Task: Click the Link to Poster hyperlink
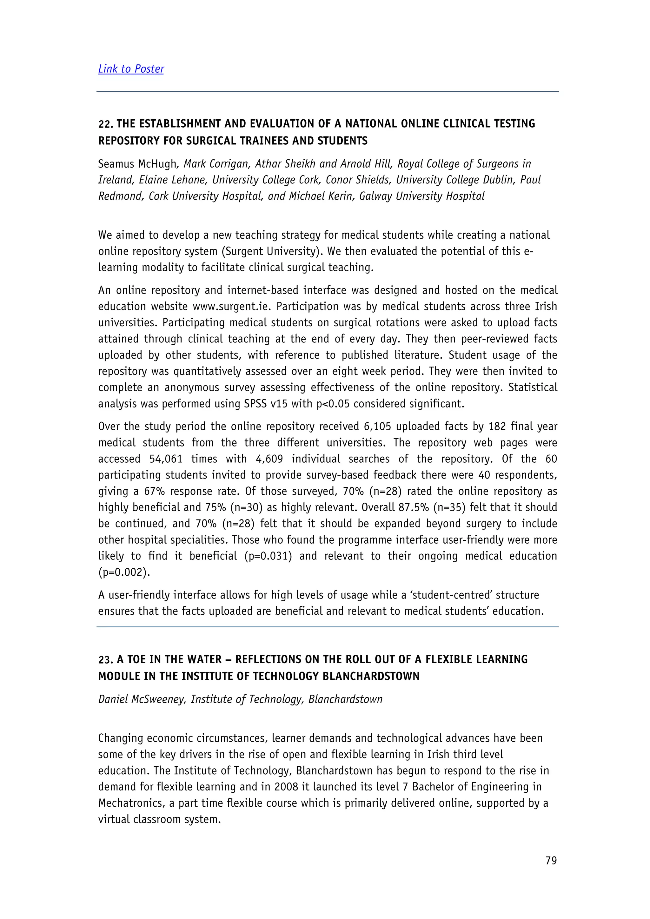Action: [131, 69]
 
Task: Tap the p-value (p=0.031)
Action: [268, 556]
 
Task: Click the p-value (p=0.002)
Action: [124, 572]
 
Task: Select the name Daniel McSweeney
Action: [142, 699]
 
